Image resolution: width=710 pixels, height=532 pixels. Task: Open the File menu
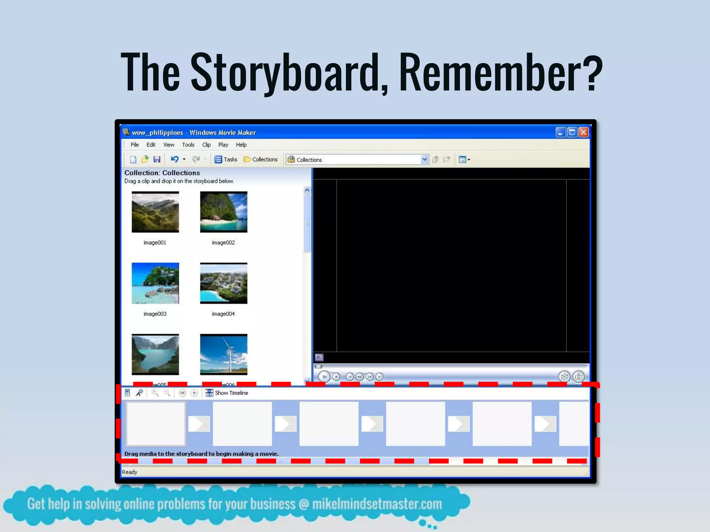click(x=135, y=145)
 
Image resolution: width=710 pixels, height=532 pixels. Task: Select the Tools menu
click(x=188, y=145)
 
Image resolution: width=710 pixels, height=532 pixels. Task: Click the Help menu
click(x=241, y=145)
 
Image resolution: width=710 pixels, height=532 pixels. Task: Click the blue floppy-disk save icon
click(x=157, y=159)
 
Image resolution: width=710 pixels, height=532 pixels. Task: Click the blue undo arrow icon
click(x=175, y=159)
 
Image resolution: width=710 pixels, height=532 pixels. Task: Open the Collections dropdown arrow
click(x=424, y=159)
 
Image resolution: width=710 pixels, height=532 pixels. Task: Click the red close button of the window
click(x=584, y=132)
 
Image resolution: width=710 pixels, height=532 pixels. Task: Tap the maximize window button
click(x=572, y=132)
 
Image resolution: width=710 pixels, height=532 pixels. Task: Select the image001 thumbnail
click(x=155, y=212)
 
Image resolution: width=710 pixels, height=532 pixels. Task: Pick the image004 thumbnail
click(x=224, y=283)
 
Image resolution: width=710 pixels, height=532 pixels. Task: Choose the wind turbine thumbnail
click(x=224, y=354)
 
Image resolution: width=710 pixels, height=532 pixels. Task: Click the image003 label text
click(x=155, y=314)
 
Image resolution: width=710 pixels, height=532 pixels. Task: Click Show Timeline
click(x=231, y=393)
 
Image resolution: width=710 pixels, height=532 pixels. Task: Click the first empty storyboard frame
click(x=156, y=424)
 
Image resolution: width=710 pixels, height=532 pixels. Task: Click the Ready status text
click(x=130, y=472)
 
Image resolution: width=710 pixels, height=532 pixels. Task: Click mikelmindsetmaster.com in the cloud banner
click(x=377, y=504)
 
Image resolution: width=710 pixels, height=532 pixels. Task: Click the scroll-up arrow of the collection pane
click(x=307, y=190)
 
